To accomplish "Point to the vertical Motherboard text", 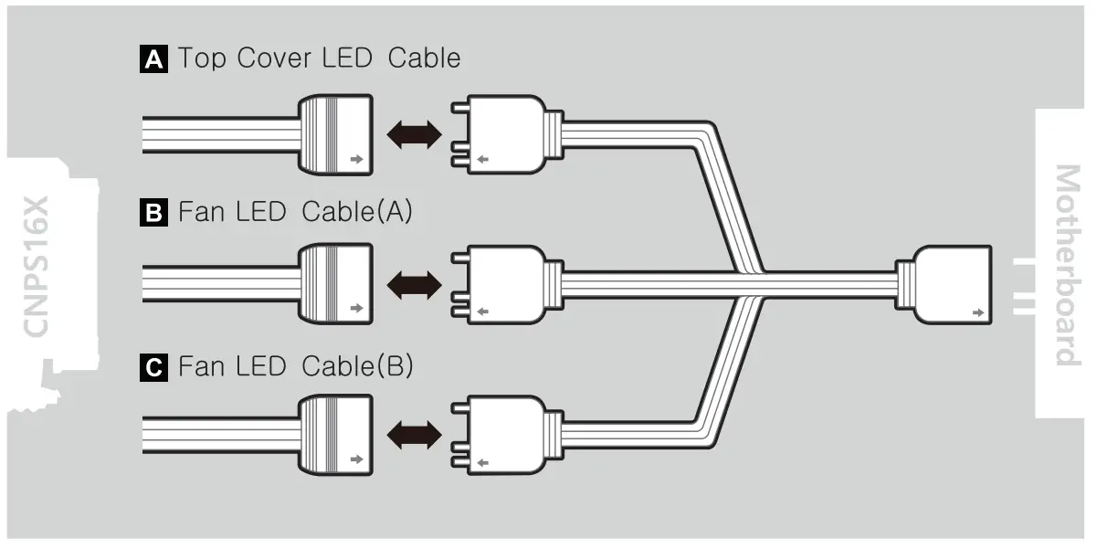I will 1065,265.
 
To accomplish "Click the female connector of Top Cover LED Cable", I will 336,135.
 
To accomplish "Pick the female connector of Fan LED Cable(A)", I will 336,287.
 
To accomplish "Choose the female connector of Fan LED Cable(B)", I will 336,437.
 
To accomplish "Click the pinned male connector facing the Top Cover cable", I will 501,135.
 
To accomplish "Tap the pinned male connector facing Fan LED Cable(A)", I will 501,287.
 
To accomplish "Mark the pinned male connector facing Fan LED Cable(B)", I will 501,437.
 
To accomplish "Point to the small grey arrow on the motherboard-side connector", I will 979,312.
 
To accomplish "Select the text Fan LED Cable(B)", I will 296,367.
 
